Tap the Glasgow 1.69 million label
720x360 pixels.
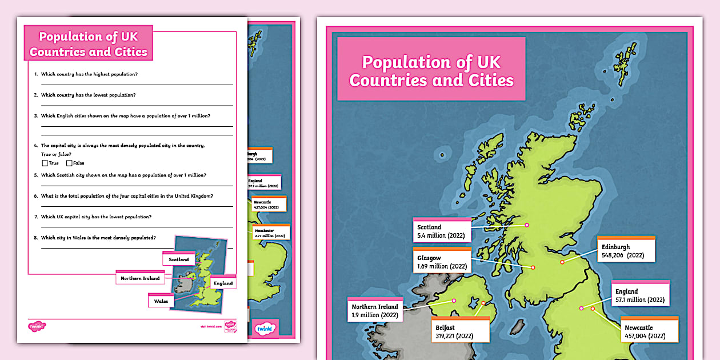[442, 262]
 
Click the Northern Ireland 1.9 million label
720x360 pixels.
[375, 311]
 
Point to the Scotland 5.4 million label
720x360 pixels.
[442, 231]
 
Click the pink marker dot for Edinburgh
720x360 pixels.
[562, 262]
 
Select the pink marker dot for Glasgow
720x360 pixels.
[533, 267]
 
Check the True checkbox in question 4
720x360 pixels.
[45, 163]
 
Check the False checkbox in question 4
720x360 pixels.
[69, 163]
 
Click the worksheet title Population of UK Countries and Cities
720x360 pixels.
[89, 44]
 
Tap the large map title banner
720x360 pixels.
[431, 70]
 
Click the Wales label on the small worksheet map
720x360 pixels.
[160, 301]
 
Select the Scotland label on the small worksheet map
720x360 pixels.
[179, 259]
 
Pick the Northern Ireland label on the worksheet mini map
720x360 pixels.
[140, 278]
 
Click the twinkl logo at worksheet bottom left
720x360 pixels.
[37, 326]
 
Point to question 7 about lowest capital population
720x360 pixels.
[96, 217]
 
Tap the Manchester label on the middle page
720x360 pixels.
[270, 233]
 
